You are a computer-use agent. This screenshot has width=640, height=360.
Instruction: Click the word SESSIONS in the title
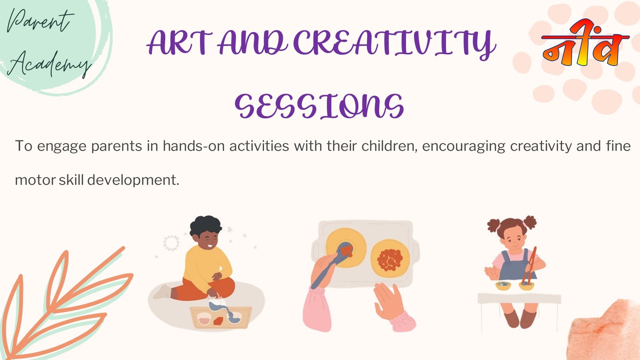[x=319, y=106]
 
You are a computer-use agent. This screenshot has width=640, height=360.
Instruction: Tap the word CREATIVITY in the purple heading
[x=394, y=44]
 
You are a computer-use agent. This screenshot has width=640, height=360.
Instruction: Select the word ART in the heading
[x=180, y=43]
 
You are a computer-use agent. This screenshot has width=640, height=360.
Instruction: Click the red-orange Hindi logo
[x=585, y=43]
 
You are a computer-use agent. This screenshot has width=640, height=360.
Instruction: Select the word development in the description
[x=133, y=180]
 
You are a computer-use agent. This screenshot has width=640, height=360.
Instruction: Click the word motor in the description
[x=35, y=180]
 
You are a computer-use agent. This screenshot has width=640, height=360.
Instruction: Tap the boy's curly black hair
[x=206, y=226]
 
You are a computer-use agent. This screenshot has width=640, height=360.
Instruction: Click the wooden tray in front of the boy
[x=221, y=318]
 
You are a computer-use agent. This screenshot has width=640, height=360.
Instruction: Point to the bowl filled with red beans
[x=390, y=258]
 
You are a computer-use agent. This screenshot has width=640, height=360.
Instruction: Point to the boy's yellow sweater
[x=205, y=267]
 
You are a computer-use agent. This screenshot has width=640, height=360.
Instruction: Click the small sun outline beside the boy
[x=171, y=243]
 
